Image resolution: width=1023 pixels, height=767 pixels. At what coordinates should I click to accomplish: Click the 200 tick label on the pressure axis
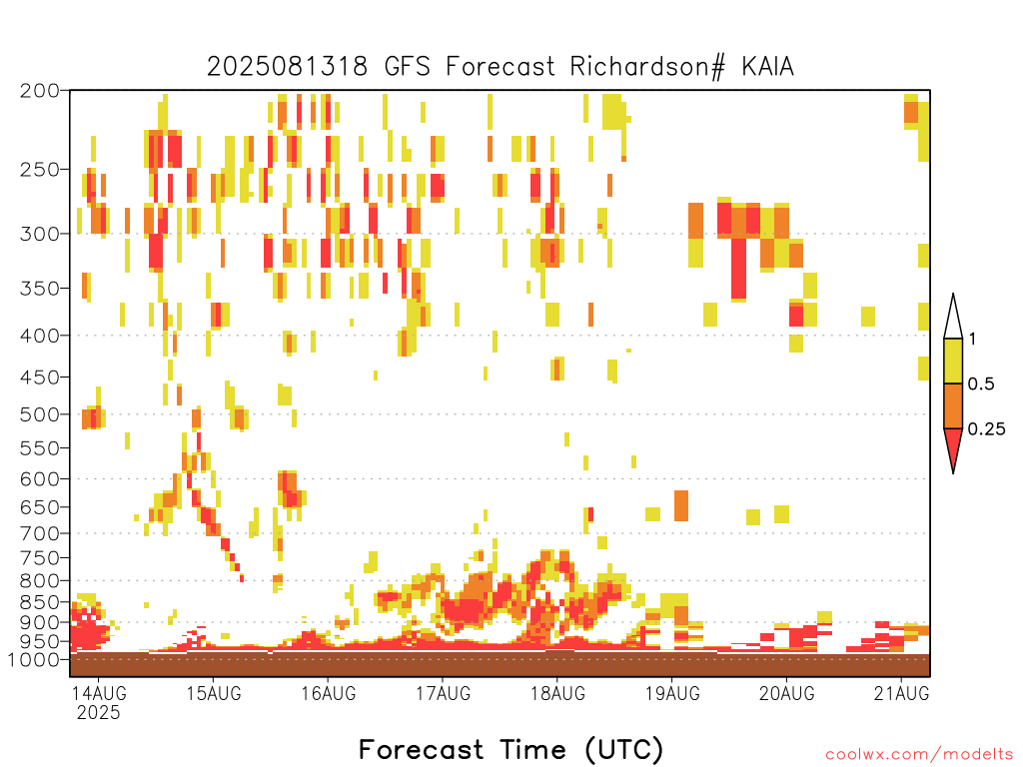39,91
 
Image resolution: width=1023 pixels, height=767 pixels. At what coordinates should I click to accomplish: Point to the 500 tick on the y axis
39,414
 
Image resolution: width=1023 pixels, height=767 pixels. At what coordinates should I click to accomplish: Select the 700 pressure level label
39,533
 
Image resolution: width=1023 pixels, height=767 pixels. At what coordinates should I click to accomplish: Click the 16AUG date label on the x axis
328,693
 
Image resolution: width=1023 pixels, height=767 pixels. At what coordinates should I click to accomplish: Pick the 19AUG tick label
672,693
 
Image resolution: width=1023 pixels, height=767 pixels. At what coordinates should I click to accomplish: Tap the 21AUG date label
902,693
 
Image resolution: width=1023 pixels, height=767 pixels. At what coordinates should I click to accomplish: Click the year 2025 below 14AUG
99,712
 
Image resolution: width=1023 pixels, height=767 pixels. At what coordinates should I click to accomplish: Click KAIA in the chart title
767,67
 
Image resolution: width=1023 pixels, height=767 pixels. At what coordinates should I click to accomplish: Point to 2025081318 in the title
287,67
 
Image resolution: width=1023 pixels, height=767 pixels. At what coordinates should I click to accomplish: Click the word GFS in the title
408,67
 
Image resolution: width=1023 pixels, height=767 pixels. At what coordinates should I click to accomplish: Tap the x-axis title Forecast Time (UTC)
511,749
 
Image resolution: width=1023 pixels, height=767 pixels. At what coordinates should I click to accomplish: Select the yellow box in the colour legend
953,361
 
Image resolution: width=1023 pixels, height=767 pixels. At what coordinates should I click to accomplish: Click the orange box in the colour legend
953,405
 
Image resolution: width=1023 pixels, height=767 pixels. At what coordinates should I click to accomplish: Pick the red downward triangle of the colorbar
953,446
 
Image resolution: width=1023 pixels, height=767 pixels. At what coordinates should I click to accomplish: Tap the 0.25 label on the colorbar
986,429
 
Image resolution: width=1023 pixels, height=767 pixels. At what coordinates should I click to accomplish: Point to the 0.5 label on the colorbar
981,384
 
